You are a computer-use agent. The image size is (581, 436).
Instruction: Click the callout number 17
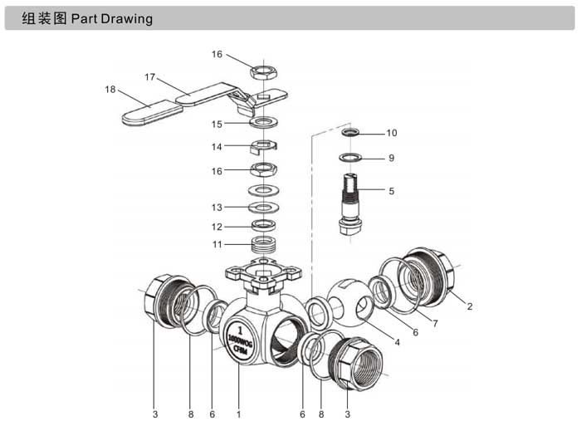click(x=149, y=77)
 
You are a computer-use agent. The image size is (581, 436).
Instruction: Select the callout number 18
click(x=110, y=90)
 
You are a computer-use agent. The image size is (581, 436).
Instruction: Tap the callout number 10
click(x=392, y=133)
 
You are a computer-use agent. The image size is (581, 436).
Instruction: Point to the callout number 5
click(x=391, y=191)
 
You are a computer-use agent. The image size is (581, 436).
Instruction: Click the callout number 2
click(x=470, y=306)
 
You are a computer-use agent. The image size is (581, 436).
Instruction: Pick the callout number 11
click(x=217, y=244)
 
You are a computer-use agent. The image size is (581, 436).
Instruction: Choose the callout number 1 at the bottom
click(x=239, y=414)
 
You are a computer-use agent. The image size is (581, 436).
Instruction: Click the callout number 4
click(x=398, y=342)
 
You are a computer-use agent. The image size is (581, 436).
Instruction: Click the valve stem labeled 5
click(x=350, y=204)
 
